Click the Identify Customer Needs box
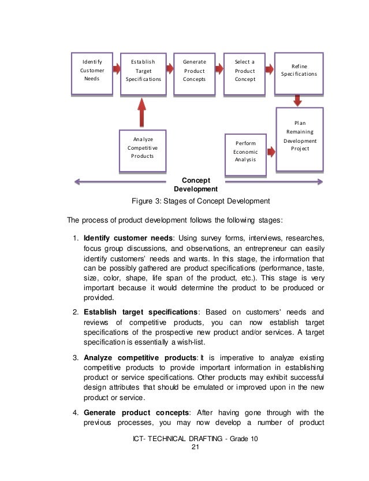click(x=91, y=73)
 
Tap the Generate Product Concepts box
click(x=194, y=73)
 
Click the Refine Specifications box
click(x=299, y=71)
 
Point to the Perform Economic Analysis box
click(x=245, y=151)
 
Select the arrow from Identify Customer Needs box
click(x=116, y=69)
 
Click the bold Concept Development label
click(x=195, y=185)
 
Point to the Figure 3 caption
click(x=201, y=201)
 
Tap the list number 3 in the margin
click(x=76, y=358)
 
